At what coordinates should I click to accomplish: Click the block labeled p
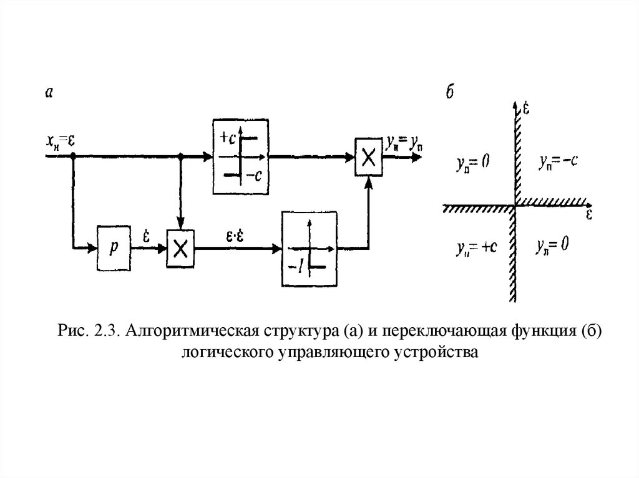[x=114, y=248]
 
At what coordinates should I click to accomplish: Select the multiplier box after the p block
[x=181, y=249]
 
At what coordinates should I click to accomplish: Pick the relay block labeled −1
[x=310, y=249]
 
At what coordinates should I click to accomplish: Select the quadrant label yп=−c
[x=557, y=161]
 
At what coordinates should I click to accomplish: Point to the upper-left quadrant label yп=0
[x=472, y=164]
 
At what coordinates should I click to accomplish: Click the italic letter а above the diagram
[x=49, y=92]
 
